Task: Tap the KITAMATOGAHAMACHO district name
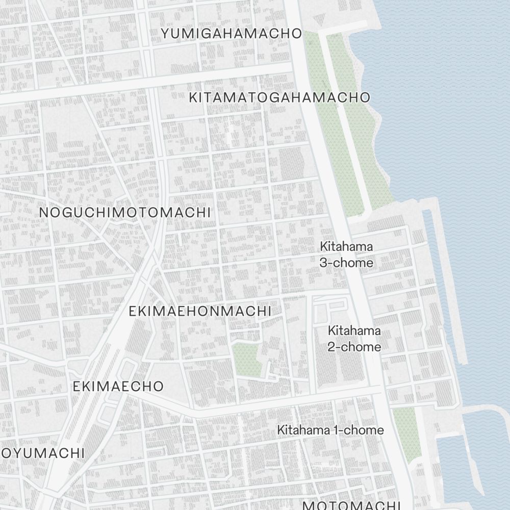pyautogui.click(x=279, y=97)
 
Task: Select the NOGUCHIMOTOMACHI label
pyautogui.click(x=125, y=212)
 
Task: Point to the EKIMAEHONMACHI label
pyautogui.click(x=199, y=311)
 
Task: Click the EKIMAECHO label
pyautogui.click(x=118, y=386)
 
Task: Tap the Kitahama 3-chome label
pyautogui.click(x=346, y=254)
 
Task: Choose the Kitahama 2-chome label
pyautogui.click(x=354, y=339)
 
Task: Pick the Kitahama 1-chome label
pyautogui.click(x=330, y=430)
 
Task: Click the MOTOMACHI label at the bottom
pyautogui.click(x=352, y=505)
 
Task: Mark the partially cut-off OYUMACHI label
pyautogui.click(x=43, y=453)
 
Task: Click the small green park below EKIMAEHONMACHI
pyautogui.click(x=247, y=359)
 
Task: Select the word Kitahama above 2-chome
pyautogui.click(x=354, y=330)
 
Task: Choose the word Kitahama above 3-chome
pyautogui.click(x=346, y=246)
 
